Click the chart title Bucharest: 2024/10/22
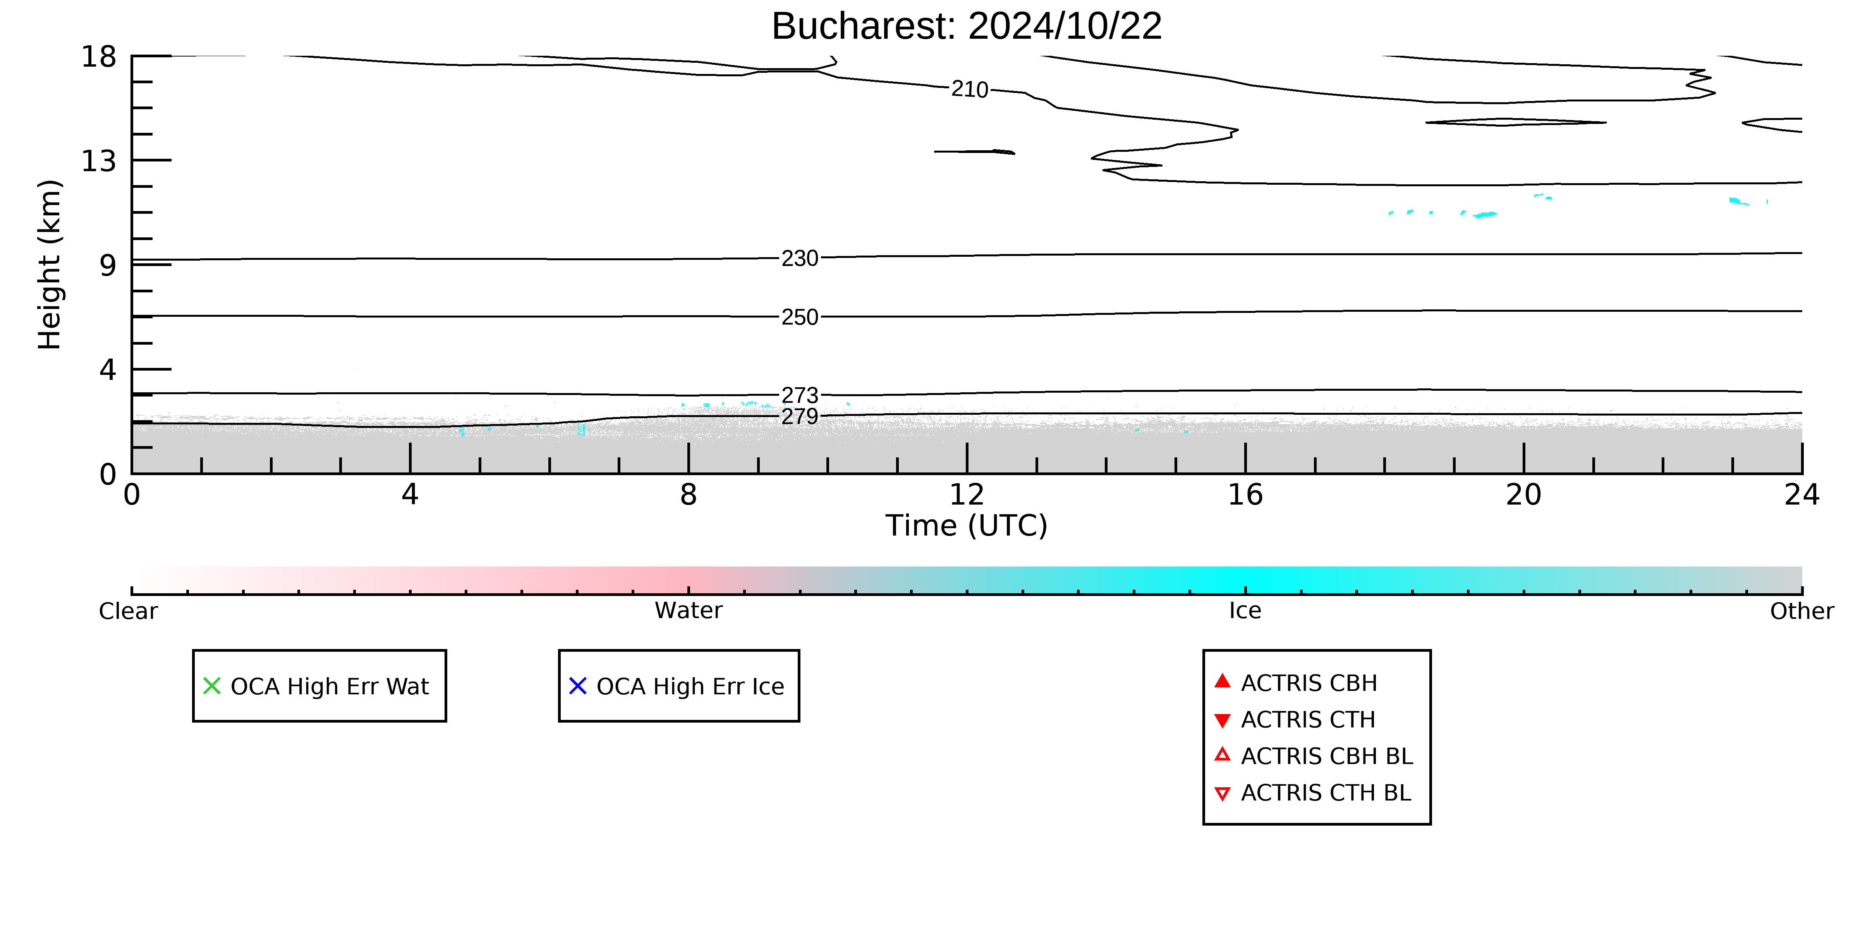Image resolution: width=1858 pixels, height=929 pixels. pos(967,27)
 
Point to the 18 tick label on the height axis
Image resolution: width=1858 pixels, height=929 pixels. pos(99,56)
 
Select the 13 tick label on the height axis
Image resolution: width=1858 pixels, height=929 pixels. pos(99,161)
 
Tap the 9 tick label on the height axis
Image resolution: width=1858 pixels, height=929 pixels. pos(108,265)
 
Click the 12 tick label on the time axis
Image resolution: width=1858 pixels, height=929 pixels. pos(967,495)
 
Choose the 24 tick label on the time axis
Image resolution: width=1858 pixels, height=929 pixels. pos(1802,495)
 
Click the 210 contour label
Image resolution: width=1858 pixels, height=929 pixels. pos(969,89)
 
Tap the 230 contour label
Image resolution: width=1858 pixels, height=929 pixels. pos(800,258)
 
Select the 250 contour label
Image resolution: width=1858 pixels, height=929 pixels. pos(800,318)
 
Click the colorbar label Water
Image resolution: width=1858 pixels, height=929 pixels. pos(688,611)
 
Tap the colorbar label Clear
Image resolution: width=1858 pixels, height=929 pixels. pos(128,611)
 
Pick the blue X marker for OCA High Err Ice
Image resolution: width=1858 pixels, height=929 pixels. pos(578,686)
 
